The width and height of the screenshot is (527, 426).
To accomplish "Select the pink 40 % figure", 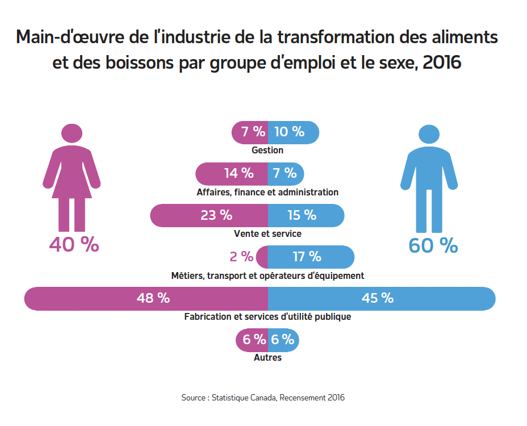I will pyautogui.click(x=74, y=244).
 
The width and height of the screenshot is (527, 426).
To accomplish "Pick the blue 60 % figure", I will pyautogui.click(x=433, y=245).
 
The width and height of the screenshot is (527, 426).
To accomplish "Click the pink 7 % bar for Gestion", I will pyautogui.click(x=250, y=132).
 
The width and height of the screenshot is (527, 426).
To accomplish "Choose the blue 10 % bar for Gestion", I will pyautogui.click(x=292, y=132).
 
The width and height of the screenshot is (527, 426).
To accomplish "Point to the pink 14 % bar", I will pyautogui.click(x=232, y=173).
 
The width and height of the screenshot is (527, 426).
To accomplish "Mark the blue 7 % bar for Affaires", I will pyautogui.click(x=286, y=173).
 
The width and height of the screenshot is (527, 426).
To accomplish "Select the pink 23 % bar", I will pyautogui.click(x=210, y=215).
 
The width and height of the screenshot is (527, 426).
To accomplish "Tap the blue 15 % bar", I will pyautogui.click(x=306, y=215).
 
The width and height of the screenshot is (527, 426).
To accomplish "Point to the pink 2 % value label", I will pyautogui.click(x=241, y=257).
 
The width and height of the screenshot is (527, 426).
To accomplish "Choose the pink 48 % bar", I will pyautogui.click(x=147, y=298).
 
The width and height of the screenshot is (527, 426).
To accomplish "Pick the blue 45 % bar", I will pyautogui.click(x=381, y=298).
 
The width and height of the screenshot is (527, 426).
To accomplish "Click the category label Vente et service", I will pyautogui.click(x=267, y=233).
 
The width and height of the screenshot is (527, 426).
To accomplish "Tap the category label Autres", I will pyautogui.click(x=267, y=358).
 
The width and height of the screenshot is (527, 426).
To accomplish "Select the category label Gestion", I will pyautogui.click(x=267, y=151).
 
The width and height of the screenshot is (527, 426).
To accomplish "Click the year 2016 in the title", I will pyautogui.click(x=442, y=62).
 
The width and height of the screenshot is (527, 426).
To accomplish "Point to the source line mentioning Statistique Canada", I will pyautogui.click(x=263, y=398).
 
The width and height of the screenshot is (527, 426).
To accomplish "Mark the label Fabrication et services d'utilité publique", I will pyautogui.click(x=267, y=317).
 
